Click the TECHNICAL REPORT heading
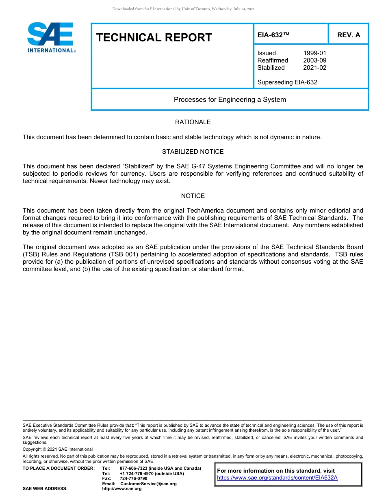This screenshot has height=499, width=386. click(154, 38)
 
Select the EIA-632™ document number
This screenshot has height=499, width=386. click(273, 35)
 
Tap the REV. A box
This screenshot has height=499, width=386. click(348, 35)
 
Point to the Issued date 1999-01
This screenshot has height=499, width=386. click(314, 53)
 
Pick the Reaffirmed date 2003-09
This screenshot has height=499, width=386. click(314, 60)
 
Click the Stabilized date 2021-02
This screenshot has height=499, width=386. click(314, 68)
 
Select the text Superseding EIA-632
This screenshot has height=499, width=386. click(287, 82)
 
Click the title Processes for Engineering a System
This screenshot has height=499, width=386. click(230, 100)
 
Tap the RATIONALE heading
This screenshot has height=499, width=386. click(193, 122)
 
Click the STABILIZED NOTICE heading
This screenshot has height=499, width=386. click(193, 152)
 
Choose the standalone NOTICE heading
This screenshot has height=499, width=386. click(193, 196)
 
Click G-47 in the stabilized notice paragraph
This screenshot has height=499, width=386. click(196, 166)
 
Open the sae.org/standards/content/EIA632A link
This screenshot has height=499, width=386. click(277, 478)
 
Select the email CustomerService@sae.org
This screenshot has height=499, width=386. click(148, 484)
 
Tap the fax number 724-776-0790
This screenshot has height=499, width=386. click(133, 479)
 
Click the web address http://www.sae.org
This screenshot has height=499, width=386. click(121, 489)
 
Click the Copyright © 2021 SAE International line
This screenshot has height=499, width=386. click(58, 449)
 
